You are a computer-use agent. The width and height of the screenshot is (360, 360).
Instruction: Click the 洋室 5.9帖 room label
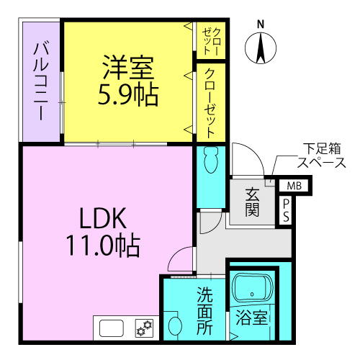[x=128, y=81]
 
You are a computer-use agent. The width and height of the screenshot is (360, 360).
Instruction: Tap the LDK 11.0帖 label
[x=103, y=232]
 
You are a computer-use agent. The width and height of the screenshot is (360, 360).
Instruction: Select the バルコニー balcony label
[x=41, y=81]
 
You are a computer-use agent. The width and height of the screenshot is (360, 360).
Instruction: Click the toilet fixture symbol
[x=211, y=159]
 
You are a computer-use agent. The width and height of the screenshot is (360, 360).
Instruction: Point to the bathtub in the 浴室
[x=253, y=288]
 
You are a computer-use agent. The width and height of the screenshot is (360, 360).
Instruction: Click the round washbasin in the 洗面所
[x=175, y=325]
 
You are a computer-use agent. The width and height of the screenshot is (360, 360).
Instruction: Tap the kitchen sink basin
[x=112, y=328]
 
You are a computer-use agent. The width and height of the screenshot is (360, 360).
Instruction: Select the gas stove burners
[x=144, y=328]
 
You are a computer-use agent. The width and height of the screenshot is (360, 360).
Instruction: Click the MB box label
[x=294, y=186]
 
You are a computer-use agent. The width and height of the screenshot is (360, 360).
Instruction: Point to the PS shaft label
[x=286, y=210]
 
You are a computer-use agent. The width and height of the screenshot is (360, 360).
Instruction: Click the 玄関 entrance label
[x=253, y=202]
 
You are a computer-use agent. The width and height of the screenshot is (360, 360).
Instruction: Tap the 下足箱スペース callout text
[x=322, y=156]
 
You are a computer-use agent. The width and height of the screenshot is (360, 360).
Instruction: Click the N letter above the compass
[x=261, y=24]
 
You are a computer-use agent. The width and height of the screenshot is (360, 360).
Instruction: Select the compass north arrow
[x=261, y=48]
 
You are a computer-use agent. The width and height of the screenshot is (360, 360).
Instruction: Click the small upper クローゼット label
[x=211, y=42]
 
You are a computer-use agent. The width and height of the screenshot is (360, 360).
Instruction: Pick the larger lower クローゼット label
[x=211, y=104]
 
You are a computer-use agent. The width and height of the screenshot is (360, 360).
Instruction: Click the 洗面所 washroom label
[x=204, y=310]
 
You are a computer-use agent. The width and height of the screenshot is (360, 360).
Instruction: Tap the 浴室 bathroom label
[x=251, y=318]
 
